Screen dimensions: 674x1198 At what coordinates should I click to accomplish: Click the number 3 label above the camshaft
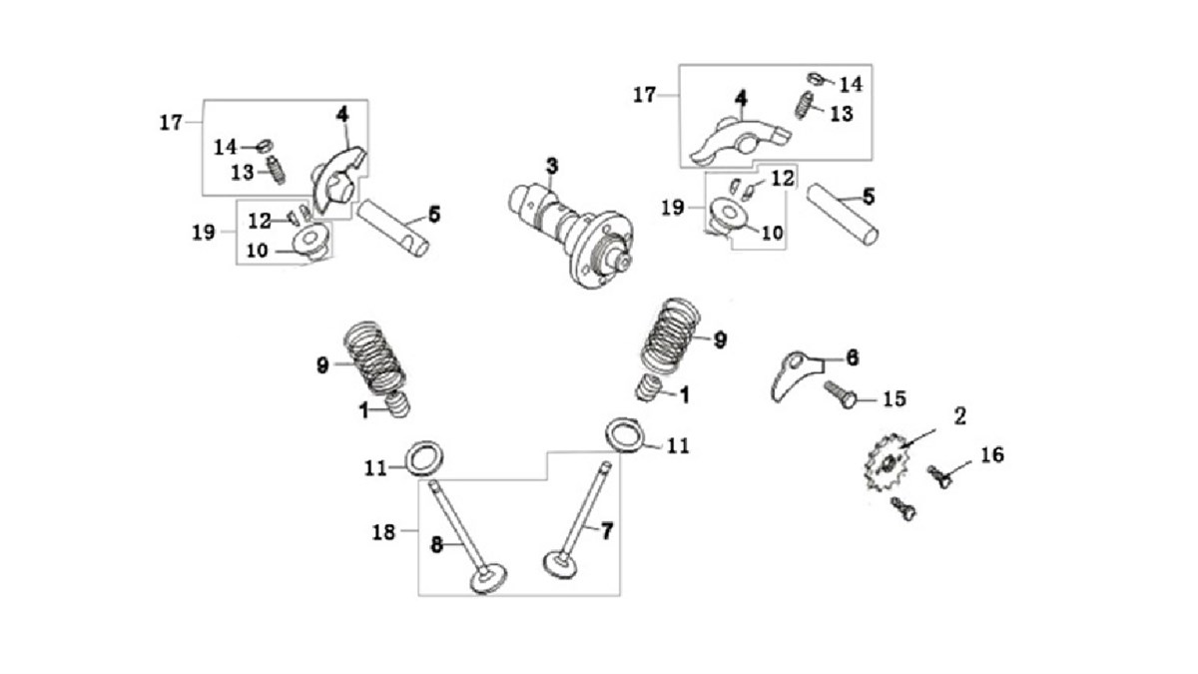click(551, 164)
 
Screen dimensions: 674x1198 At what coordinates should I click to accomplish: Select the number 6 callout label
click(852, 356)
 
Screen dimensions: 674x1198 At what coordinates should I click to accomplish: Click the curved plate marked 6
click(790, 375)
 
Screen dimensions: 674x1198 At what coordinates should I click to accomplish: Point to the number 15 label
click(894, 399)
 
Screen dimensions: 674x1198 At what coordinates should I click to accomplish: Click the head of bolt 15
click(848, 401)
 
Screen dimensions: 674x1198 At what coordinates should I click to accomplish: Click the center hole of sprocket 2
click(888, 464)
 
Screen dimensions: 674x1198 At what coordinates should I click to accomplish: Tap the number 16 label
click(990, 455)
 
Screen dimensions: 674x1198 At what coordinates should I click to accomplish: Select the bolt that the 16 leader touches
click(939, 476)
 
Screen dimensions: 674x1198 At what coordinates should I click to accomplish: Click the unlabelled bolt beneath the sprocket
click(904, 509)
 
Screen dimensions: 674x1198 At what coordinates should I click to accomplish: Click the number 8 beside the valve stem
click(436, 545)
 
